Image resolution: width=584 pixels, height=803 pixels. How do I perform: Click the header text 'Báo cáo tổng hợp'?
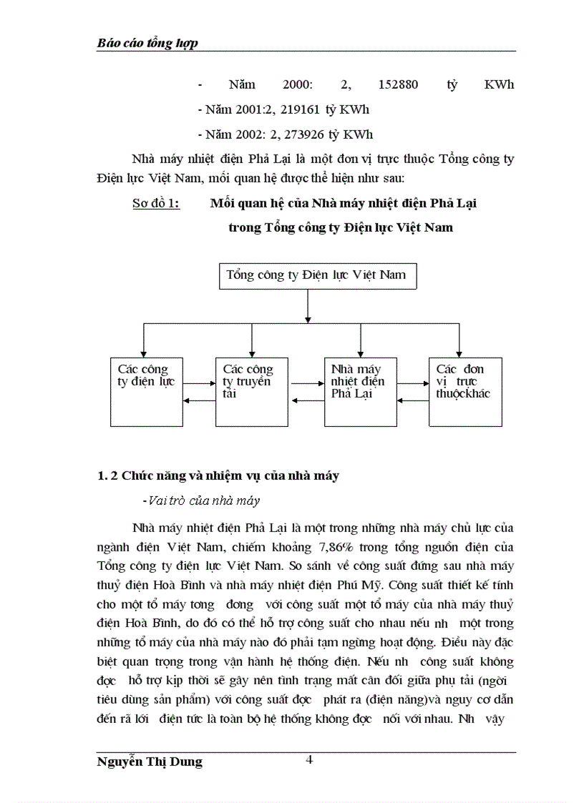point(147,44)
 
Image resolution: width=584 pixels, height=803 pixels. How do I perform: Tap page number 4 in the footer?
point(309,759)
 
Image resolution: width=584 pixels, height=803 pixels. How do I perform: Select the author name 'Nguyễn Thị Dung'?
point(150,762)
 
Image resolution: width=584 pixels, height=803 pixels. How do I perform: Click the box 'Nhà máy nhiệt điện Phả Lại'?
point(358,391)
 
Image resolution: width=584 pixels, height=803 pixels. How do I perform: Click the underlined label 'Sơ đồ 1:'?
point(156,203)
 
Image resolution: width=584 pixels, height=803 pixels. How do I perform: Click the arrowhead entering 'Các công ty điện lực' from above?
point(143,352)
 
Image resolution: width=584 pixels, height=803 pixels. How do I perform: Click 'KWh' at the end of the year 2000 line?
point(499,85)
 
